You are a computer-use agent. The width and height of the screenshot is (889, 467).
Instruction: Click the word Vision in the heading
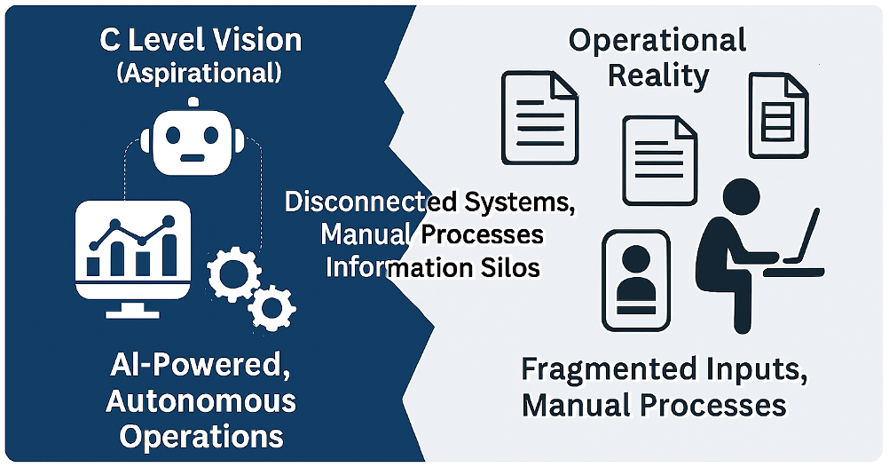[255, 41]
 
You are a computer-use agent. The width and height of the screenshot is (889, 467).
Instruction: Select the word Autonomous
[201, 400]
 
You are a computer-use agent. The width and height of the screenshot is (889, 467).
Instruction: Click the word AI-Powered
[201, 365]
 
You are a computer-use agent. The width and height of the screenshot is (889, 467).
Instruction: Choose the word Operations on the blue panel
[201, 436]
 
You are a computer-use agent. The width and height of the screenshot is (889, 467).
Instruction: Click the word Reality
[657, 76]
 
